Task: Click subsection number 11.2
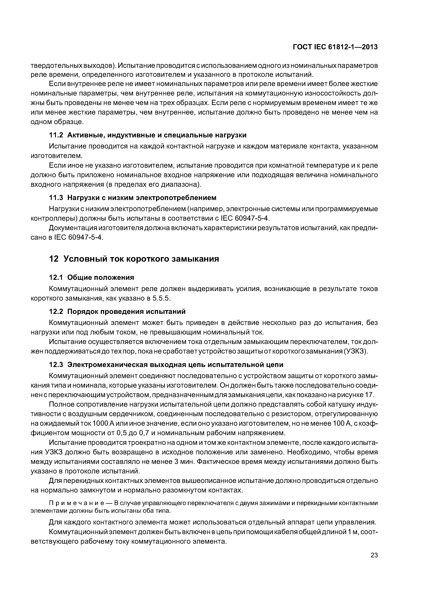[56, 135]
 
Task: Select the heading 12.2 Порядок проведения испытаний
[117, 311]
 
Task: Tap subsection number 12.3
[56, 365]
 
